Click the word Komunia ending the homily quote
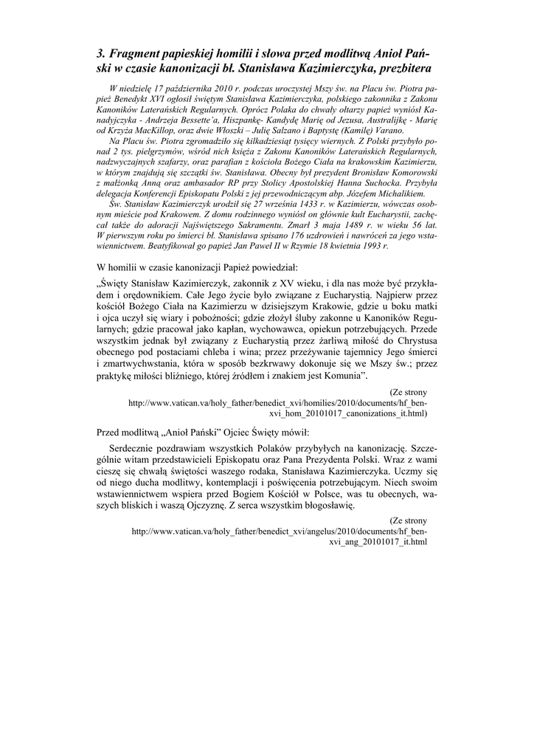point(339,376)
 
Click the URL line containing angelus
point(279,531)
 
